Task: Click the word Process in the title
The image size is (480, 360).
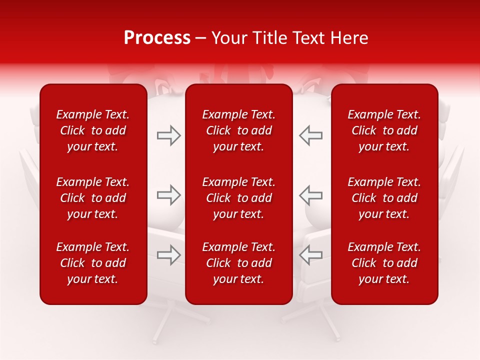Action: click(x=157, y=38)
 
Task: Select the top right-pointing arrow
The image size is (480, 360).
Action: click(x=169, y=135)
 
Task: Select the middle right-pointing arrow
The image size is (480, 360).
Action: click(x=169, y=195)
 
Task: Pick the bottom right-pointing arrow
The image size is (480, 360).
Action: click(x=169, y=255)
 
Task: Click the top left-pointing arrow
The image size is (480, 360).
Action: click(x=310, y=135)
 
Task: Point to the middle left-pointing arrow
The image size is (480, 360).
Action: click(x=310, y=195)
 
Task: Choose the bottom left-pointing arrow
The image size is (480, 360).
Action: click(x=310, y=255)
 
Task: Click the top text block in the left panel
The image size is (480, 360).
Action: click(x=93, y=130)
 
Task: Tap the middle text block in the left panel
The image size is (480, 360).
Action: click(x=93, y=198)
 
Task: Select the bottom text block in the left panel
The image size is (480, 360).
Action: click(x=93, y=263)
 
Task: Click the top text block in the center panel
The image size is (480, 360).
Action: click(x=238, y=130)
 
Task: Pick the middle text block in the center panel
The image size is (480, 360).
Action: click(x=238, y=198)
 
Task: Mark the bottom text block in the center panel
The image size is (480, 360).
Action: click(x=238, y=263)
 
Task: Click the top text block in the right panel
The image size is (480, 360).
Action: click(x=384, y=130)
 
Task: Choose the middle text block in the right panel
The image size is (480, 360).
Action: click(x=384, y=198)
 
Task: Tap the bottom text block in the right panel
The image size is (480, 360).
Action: click(x=384, y=263)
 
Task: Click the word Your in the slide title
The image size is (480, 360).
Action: click(x=228, y=38)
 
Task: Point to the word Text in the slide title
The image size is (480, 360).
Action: click(x=308, y=38)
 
